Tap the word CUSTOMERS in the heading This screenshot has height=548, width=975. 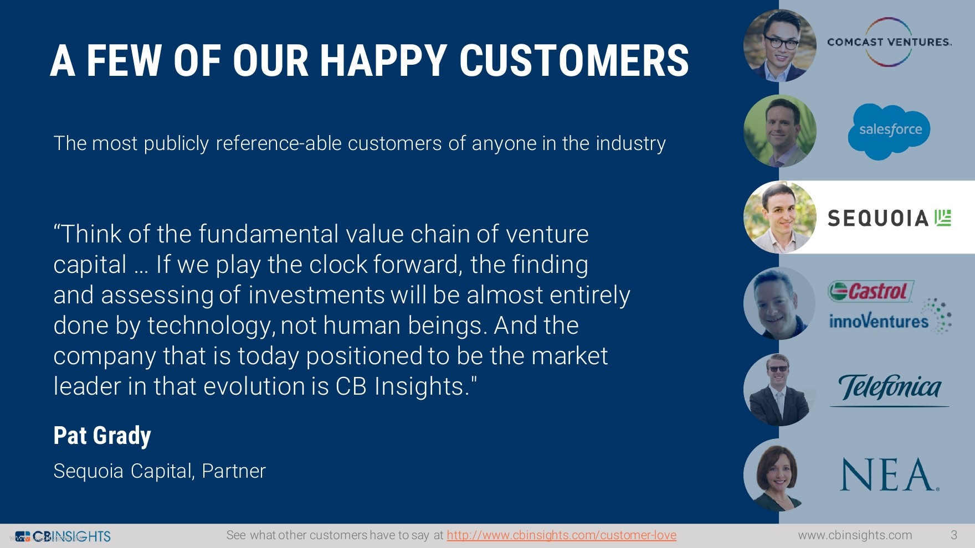click(x=574, y=60)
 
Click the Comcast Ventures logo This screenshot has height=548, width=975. click(x=889, y=42)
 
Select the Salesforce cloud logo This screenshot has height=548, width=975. click(x=889, y=132)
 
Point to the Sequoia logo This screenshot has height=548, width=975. click(x=889, y=218)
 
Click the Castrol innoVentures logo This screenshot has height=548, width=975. click(x=889, y=307)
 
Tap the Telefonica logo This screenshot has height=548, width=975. click(x=889, y=389)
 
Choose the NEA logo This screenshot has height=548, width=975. click(x=889, y=474)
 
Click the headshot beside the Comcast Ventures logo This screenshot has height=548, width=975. click(x=779, y=45)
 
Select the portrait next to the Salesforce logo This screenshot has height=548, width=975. click(x=779, y=131)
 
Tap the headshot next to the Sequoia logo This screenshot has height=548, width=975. click(x=779, y=217)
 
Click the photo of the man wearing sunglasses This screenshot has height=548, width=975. click(x=779, y=389)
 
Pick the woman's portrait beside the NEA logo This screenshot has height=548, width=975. click(x=779, y=475)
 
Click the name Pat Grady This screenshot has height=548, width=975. click(x=102, y=436)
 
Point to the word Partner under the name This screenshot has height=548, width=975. click(x=234, y=471)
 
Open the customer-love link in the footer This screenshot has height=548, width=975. click(x=561, y=535)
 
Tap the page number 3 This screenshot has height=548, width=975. click(x=954, y=535)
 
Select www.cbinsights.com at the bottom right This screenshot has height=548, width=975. click(x=855, y=535)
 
